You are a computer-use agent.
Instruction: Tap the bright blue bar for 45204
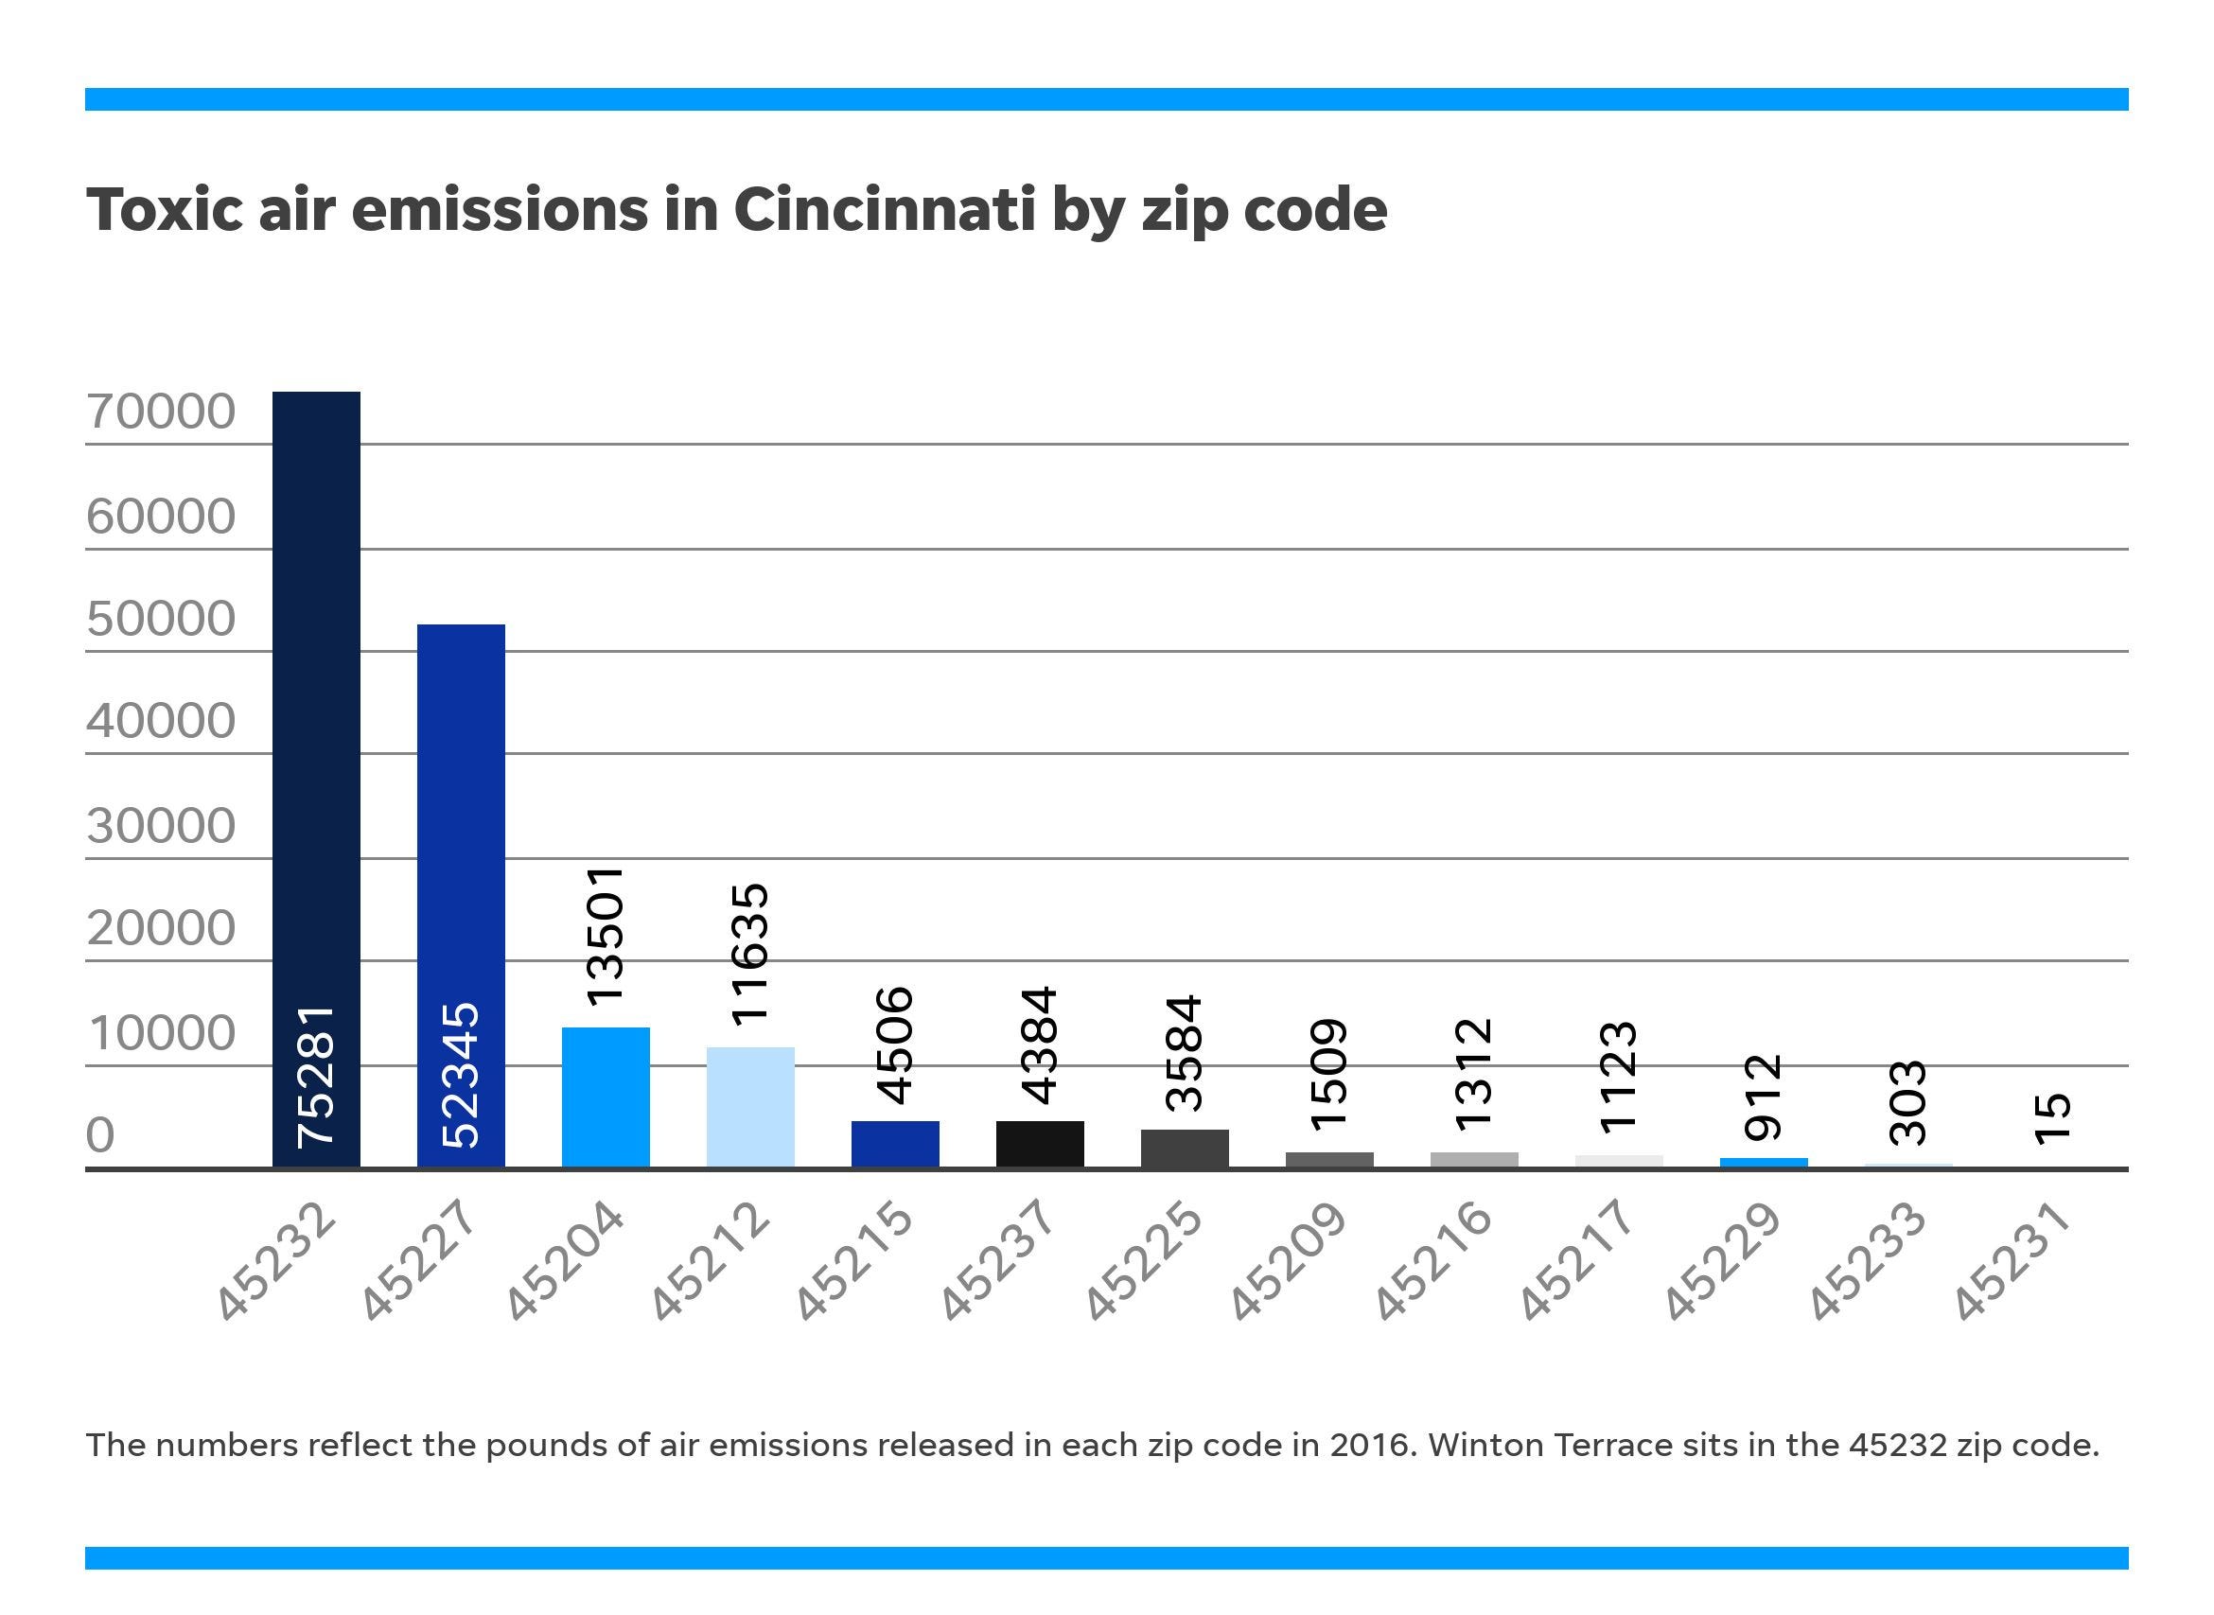tap(605, 1097)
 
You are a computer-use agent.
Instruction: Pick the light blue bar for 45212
tap(749, 1107)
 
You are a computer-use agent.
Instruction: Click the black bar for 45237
tap(1039, 1144)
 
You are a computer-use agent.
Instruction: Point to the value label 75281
tap(317, 1076)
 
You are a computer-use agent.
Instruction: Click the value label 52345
tap(462, 1076)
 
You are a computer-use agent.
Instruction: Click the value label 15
tap(2053, 1118)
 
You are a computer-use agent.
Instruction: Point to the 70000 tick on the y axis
tap(161, 412)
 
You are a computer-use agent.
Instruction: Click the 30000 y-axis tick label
tap(161, 826)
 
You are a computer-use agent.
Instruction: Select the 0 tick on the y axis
tap(99, 1136)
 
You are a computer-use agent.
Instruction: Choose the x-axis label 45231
tap(2012, 1262)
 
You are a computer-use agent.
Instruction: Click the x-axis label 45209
tap(1288, 1262)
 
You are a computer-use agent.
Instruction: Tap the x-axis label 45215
tap(853, 1262)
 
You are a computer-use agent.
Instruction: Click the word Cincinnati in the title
tap(884, 209)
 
